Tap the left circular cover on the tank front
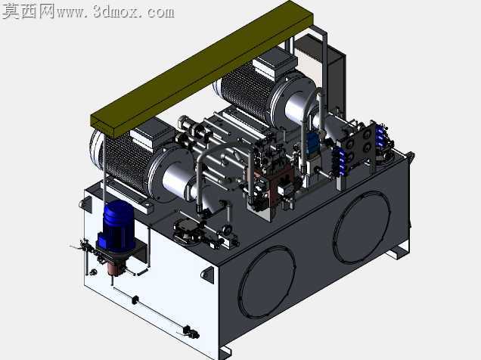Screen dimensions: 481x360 point(266,282)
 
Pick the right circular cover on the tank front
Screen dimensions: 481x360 point(362,227)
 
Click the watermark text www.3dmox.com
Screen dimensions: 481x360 point(116,12)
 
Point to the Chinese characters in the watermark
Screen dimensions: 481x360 point(28,11)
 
